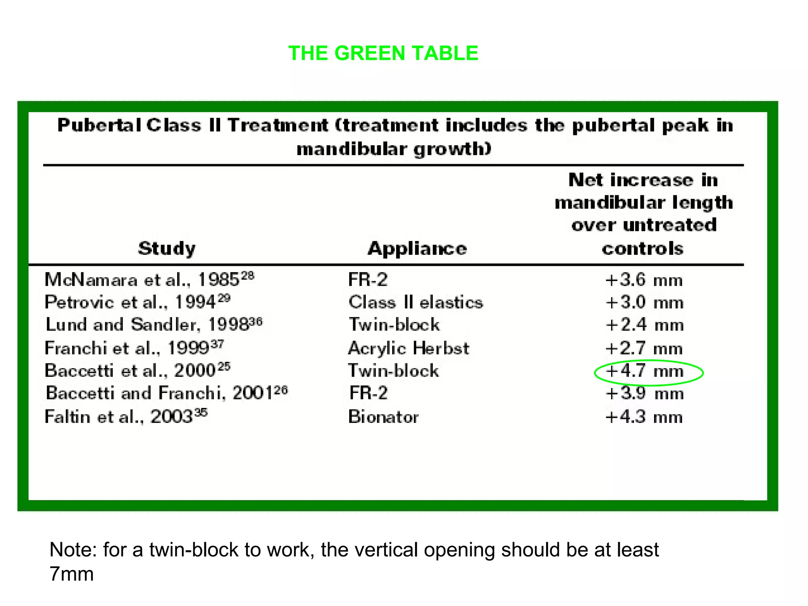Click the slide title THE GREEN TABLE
click(x=383, y=53)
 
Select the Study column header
click(x=166, y=249)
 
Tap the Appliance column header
click(x=417, y=249)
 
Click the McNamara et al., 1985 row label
click(x=149, y=280)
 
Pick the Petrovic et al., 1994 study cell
click(x=137, y=302)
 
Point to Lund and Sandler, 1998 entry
click(x=153, y=325)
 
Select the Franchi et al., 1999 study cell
click(x=134, y=348)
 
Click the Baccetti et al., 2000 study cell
click(x=137, y=370)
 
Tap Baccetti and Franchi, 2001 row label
click(x=166, y=393)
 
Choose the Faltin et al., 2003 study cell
click(x=126, y=417)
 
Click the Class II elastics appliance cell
click(x=415, y=303)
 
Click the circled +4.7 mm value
click(x=644, y=371)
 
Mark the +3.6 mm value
click(x=644, y=280)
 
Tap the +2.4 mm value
click(x=644, y=325)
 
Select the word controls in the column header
click(x=642, y=249)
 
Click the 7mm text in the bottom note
click(x=71, y=574)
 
